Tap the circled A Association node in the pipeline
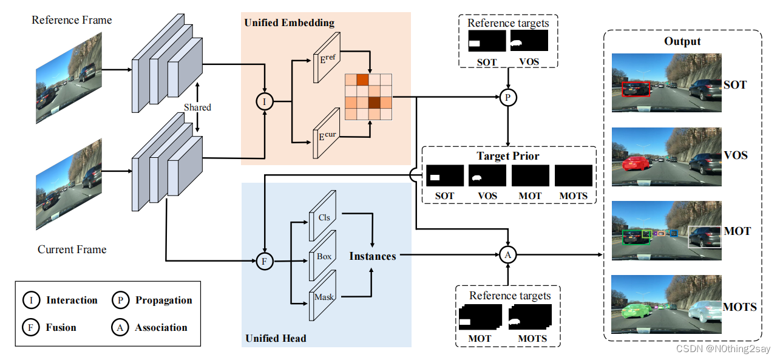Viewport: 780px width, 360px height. click(x=508, y=256)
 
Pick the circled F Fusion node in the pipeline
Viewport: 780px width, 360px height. click(x=264, y=262)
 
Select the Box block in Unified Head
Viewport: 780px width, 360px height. click(x=323, y=256)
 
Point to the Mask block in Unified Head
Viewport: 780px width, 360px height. click(x=322, y=296)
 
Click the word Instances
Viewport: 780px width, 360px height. click(x=372, y=256)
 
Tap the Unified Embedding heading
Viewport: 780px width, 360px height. click(x=289, y=23)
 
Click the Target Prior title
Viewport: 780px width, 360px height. click(x=507, y=156)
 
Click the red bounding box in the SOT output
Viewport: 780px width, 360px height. click(x=636, y=89)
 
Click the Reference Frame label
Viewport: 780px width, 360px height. click(x=72, y=20)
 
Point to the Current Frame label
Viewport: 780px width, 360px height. click(x=72, y=250)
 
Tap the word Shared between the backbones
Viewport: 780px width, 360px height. click(x=197, y=107)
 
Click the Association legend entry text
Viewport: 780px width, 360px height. click(x=161, y=327)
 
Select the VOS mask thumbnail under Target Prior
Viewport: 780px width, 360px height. click(x=487, y=176)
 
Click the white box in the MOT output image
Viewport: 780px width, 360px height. click(x=705, y=237)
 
